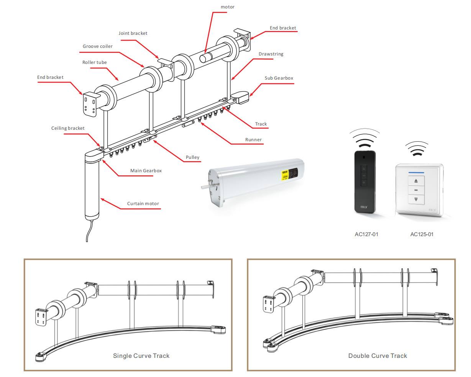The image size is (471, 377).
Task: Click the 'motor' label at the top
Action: pyautogui.click(x=227, y=7)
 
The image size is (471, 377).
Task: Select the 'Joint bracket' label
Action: pyautogui.click(x=133, y=33)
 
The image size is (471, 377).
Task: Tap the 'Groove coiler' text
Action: pyautogui.click(x=98, y=46)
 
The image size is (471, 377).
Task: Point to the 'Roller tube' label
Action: pyautogui.click(x=95, y=62)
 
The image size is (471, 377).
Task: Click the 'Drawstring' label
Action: pyautogui.click(x=271, y=54)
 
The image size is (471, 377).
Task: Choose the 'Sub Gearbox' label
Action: pyautogui.click(x=279, y=78)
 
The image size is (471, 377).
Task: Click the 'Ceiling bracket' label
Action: pyautogui.click(x=68, y=128)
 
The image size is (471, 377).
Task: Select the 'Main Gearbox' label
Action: pyautogui.click(x=146, y=171)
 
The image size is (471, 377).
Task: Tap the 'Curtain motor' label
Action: pyautogui.click(x=143, y=204)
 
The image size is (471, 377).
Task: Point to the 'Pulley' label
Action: pyautogui.click(x=192, y=157)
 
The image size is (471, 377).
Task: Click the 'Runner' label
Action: pyautogui.click(x=253, y=140)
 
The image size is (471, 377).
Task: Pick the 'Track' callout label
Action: pyautogui.click(x=261, y=124)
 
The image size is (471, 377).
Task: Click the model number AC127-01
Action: pyautogui.click(x=366, y=234)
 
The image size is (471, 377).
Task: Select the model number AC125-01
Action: pyautogui.click(x=422, y=234)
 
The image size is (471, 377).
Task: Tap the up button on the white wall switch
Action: pyautogui.click(x=416, y=181)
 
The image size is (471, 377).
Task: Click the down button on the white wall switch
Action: pyautogui.click(x=416, y=199)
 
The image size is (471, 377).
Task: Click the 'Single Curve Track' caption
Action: pyautogui.click(x=141, y=356)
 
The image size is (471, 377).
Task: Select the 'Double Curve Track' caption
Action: pyautogui.click(x=377, y=356)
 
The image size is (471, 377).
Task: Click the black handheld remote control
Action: pyautogui.click(x=364, y=182)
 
